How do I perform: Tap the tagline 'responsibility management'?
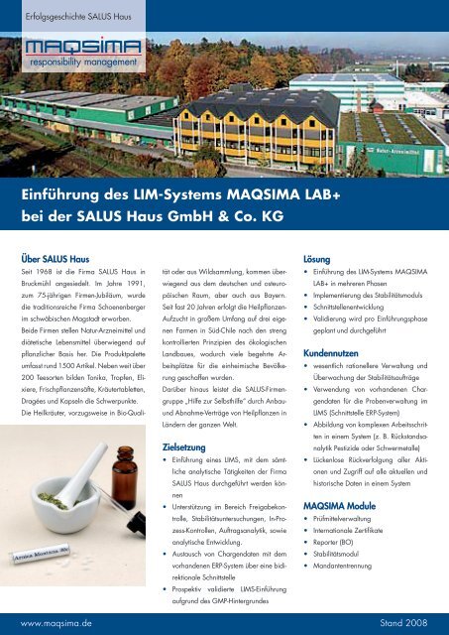pos(78,71)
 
